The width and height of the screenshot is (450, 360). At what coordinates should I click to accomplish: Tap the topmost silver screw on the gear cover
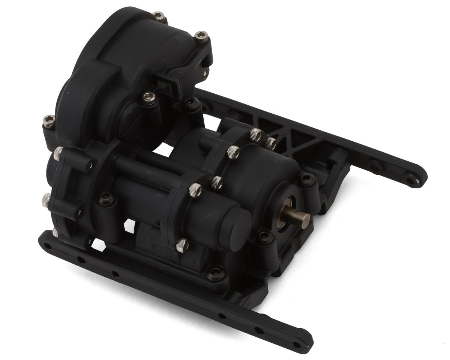pyautogui.click(x=160, y=16)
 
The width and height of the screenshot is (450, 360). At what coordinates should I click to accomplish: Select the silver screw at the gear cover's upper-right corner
pyautogui.click(x=201, y=36)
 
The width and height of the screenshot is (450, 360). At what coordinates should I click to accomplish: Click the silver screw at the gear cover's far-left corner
pyautogui.click(x=49, y=120)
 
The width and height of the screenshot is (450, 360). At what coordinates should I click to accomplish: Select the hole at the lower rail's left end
pyautogui.click(x=48, y=246)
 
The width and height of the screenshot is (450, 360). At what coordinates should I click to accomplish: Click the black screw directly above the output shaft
pyautogui.click(x=306, y=179)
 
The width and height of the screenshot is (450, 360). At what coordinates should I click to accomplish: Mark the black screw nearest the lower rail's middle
pyautogui.click(x=216, y=274)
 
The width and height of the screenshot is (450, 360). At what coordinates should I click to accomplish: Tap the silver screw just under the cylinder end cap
pyautogui.click(x=182, y=245)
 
